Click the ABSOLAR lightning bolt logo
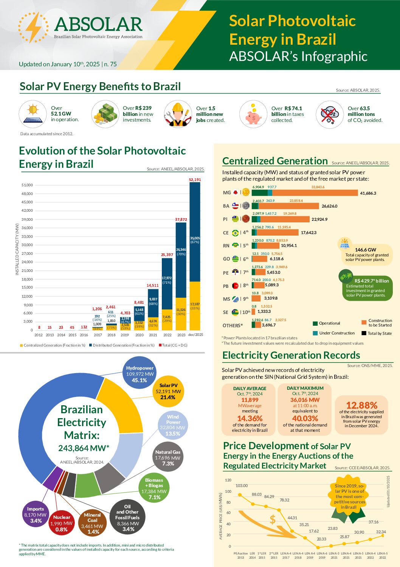[33, 27]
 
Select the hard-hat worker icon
[178, 114]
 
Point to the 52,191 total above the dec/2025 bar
[195, 180]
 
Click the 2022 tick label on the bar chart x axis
[167, 335]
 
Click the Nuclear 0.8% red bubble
[62, 523]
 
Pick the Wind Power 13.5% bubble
[173, 425]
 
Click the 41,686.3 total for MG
[368, 193]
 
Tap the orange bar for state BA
[289, 206]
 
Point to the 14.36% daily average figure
[250, 419]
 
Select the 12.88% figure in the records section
[361, 405]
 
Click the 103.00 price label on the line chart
[242, 486]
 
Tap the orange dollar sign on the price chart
[273, 519]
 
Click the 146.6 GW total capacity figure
[365, 250]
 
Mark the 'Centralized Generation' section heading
[275, 161]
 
